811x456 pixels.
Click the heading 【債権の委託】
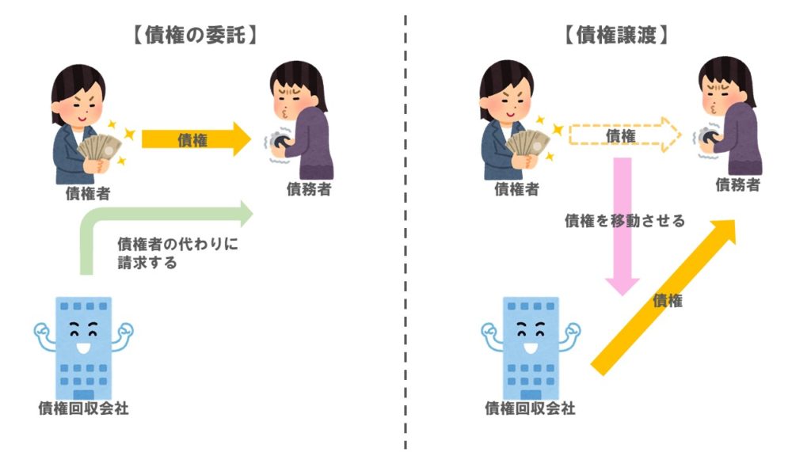click(194, 34)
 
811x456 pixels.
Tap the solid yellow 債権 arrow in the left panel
click(194, 140)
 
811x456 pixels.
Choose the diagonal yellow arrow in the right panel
click(665, 297)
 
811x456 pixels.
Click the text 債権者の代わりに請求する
click(177, 253)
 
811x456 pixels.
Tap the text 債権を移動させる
click(624, 222)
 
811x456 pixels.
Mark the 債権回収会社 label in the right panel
click(530, 408)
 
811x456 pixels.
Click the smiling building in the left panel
click(84, 345)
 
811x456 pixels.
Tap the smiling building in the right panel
click(530, 345)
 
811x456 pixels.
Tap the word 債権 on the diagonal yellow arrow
click(668, 301)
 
